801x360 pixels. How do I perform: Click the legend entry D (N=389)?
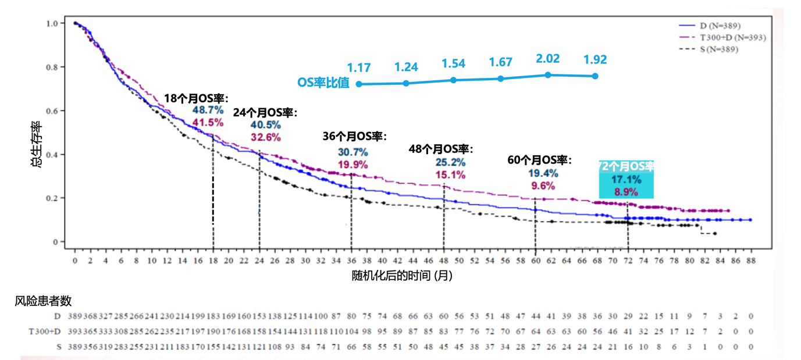click(719, 26)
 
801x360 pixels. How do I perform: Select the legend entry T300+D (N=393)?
click(732, 38)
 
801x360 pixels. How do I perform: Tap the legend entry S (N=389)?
click(719, 49)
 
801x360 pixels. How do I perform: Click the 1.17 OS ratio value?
click(359, 68)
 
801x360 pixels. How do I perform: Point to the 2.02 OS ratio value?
click(547, 59)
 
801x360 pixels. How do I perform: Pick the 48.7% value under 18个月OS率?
click(208, 110)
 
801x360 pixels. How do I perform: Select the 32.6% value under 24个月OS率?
click(266, 137)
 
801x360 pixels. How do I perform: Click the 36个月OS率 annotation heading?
click(354, 136)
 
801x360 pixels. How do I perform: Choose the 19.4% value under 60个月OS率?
click(543, 173)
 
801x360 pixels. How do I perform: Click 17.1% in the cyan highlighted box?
click(626, 180)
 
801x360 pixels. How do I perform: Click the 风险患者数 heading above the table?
click(43, 301)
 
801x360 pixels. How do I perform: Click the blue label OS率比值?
click(323, 83)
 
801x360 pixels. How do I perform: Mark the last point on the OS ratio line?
click(595, 76)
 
